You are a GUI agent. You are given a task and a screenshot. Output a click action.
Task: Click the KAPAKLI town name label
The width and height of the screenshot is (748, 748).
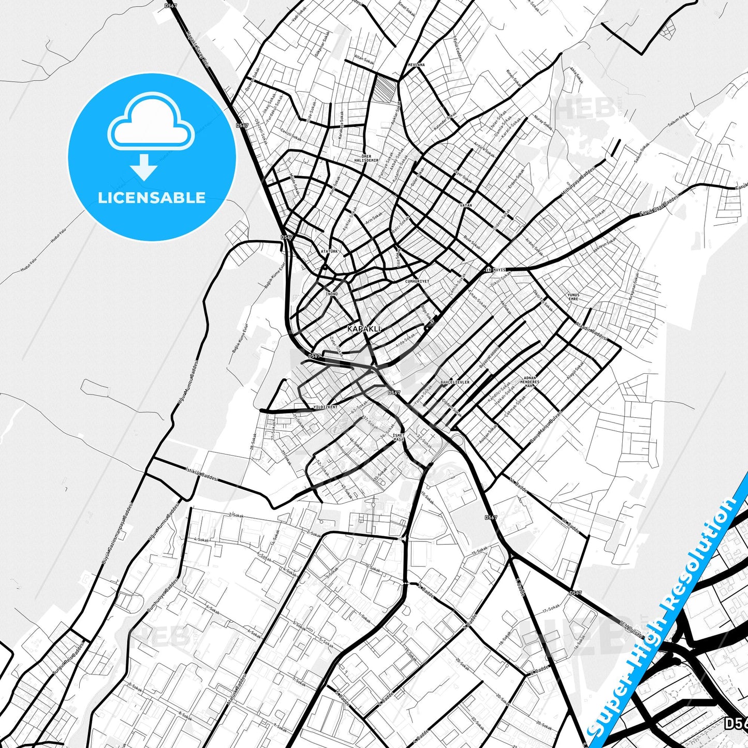(x=363, y=329)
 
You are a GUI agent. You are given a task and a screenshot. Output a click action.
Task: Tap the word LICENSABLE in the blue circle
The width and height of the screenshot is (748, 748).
(x=152, y=198)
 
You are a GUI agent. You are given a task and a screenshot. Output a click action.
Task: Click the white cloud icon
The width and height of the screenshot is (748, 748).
(x=151, y=126)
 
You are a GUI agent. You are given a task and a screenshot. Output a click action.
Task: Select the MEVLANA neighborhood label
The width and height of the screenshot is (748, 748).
(x=416, y=65)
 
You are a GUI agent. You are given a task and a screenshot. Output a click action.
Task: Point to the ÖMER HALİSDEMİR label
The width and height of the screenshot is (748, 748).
(x=366, y=158)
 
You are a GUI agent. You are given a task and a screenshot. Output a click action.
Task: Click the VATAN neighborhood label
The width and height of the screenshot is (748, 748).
(x=466, y=206)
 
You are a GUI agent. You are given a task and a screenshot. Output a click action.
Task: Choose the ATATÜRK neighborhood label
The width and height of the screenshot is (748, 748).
(x=329, y=251)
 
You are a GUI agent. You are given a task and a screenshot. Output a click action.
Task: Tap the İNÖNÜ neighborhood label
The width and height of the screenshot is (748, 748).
(x=331, y=294)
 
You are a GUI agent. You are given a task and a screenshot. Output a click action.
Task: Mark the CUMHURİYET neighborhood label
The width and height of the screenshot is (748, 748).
(x=417, y=281)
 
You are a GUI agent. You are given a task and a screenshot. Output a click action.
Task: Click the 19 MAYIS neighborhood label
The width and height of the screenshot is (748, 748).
(x=495, y=270)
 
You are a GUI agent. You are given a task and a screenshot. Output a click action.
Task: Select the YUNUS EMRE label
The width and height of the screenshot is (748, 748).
(x=573, y=297)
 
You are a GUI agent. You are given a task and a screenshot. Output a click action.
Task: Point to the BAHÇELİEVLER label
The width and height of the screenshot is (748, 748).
(x=455, y=383)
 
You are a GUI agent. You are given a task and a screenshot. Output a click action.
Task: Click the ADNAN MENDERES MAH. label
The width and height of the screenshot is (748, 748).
(x=530, y=382)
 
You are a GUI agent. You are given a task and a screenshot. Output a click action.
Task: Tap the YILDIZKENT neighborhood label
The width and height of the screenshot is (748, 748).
(x=325, y=407)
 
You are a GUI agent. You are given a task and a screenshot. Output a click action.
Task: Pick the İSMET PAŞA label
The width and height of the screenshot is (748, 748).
(x=399, y=437)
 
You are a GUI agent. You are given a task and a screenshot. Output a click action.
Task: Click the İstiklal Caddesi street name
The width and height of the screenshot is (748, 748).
(x=201, y=474)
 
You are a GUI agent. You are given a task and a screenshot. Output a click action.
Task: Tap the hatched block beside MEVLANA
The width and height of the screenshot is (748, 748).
(x=385, y=89)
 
